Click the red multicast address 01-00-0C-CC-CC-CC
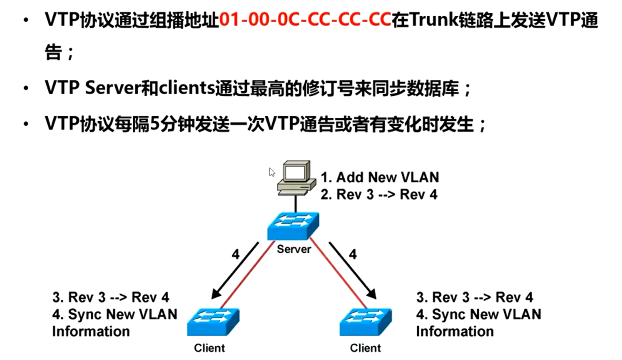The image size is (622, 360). (x=305, y=20)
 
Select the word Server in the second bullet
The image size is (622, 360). (x=113, y=88)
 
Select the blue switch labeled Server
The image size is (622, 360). (x=293, y=226)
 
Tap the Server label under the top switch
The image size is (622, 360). (x=294, y=249)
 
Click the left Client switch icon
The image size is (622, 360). (x=213, y=321)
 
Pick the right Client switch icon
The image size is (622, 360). (x=366, y=321)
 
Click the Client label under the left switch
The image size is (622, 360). (x=209, y=348)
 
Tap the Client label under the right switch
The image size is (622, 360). (x=365, y=348)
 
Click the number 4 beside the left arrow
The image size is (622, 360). (x=235, y=254)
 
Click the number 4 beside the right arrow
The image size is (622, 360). (x=353, y=254)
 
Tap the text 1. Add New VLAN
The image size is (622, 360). (x=379, y=177)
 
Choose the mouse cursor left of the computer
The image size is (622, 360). (x=272, y=172)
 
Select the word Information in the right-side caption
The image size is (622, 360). (x=455, y=331)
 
